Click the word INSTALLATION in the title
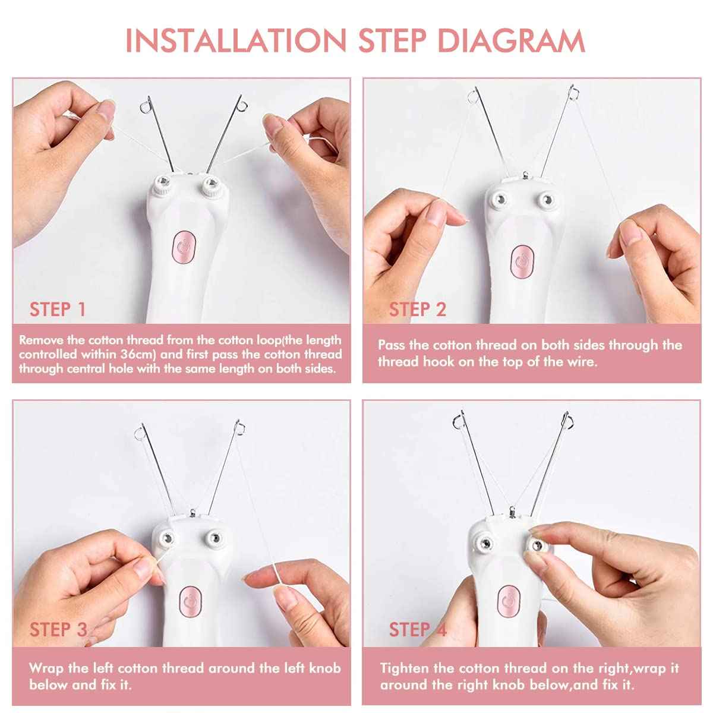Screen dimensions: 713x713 click(x=235, y=40)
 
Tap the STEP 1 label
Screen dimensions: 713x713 click(x=58, y=309)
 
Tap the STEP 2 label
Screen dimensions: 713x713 click(x=417, y=309)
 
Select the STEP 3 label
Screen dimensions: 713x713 click(x=58, y=629)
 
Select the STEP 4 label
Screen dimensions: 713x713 click(x=417, y=629)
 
